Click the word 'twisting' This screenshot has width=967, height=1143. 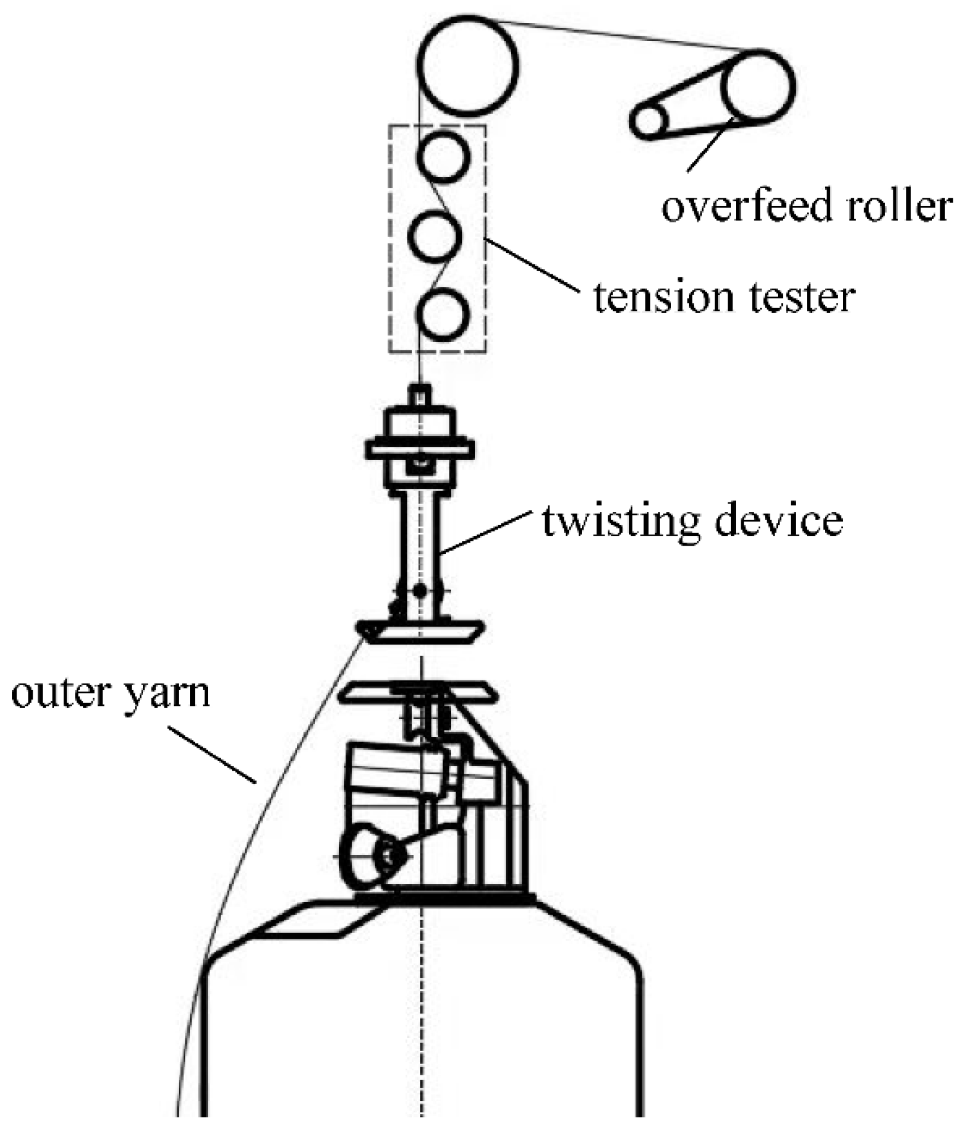tap(618, 522)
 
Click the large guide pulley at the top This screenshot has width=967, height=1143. tap(468, 65)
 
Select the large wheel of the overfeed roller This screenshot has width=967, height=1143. tap(758, 87)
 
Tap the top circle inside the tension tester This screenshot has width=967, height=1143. tap(444, 156)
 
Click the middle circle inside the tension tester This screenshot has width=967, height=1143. tap(435, 235)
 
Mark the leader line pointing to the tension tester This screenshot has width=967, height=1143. tap(532, 265)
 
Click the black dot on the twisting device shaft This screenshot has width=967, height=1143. tap(420, 591)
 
